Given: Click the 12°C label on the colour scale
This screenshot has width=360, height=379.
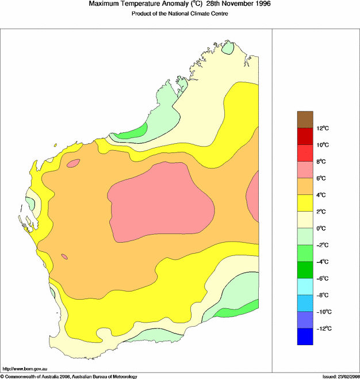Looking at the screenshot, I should [322, 128].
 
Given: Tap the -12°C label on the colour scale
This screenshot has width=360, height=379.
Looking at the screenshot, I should [321, 328].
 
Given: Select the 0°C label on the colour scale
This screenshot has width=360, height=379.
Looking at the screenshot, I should [321, 228].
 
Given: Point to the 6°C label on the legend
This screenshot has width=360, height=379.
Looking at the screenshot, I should [322, 178].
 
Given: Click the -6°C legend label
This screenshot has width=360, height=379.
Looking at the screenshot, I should [321, 278].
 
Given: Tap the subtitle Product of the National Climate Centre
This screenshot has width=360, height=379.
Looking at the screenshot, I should [180, 13].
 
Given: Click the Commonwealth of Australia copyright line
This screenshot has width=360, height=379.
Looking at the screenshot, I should [69, 376].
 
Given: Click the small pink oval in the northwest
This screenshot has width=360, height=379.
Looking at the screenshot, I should [73, 163].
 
